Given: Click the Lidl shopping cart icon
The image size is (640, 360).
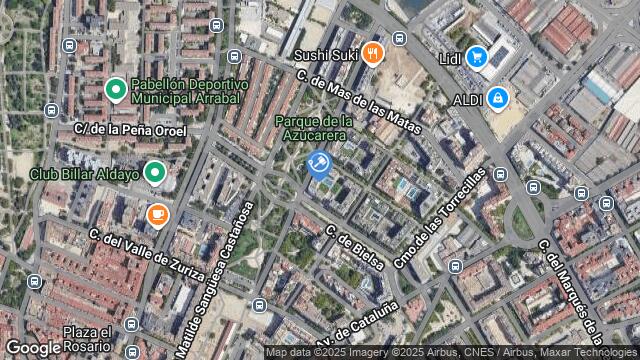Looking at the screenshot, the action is point(476,58).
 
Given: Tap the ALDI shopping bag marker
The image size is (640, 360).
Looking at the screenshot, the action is point(498,98).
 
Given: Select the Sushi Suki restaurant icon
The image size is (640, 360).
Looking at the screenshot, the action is point(373,53).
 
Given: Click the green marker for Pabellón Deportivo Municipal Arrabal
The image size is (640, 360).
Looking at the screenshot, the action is point(115,92).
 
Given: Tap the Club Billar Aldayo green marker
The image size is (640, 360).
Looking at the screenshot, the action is point(154,173).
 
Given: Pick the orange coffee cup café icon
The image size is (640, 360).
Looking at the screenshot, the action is point(157,214).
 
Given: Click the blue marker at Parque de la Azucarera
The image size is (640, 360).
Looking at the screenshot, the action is point(319,163).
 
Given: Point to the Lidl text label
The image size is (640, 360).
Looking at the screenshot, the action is point(450,58).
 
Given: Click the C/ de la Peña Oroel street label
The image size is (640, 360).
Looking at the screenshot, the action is point(130,129).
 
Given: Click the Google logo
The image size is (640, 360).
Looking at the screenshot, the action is point(32,347).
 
